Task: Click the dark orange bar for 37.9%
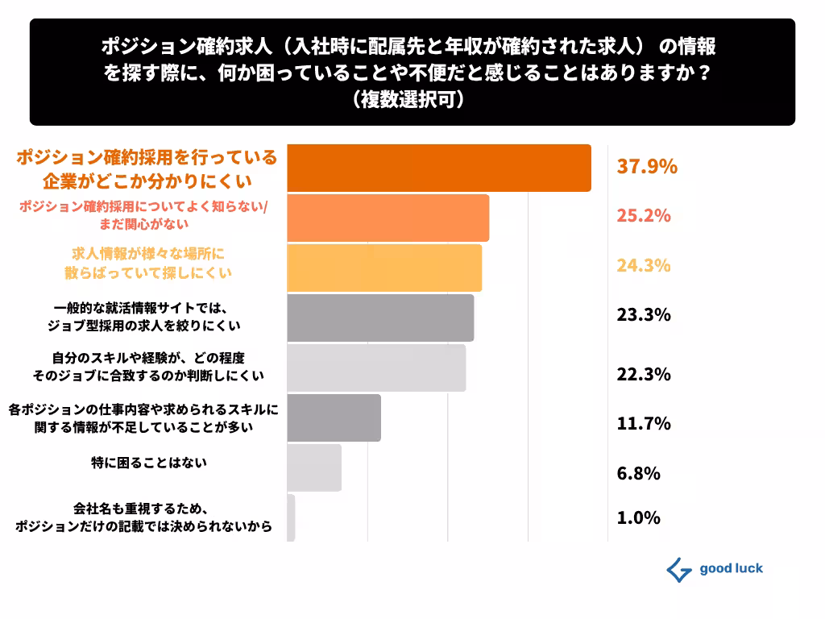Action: (439, 168)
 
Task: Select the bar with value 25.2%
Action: (388, 218)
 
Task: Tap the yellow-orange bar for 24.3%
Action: (384, 268)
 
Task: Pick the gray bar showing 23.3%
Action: (380, 318)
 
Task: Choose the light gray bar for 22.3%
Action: (376, 368)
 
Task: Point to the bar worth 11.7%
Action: (334, 418)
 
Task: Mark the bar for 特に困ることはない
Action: (314, 467)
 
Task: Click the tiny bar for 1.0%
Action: (291, 517)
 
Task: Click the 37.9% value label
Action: (646, 167)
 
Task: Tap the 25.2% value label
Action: (644, 216)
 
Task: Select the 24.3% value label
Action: (644, 266)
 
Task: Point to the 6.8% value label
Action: (638, 473)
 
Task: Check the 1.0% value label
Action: (638, 517)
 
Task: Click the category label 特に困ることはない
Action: (149, 463)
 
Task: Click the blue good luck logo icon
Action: (679, 570)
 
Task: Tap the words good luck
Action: (731, 569)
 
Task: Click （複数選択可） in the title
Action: (412, 101)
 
